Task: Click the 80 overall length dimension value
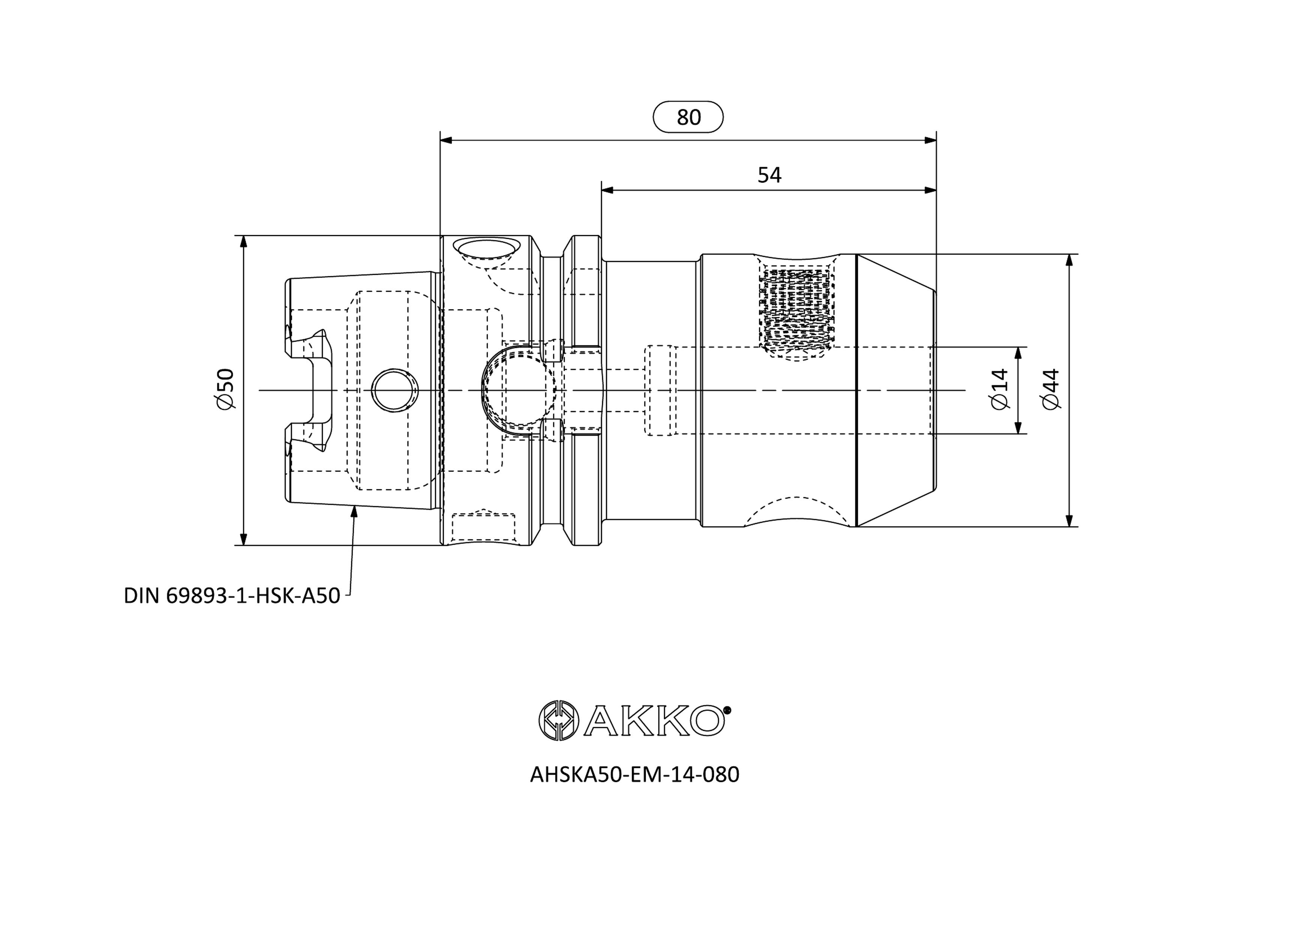pyautogui.click(x=688, y=117)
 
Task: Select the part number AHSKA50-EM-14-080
pyautogui.click(x=634, y=775)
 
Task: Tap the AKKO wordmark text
pyautogui.click(x=654, y=720)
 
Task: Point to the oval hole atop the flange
pyautogui.click(x=485, y=249)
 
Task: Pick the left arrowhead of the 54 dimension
pyautogui.click(x=608, y=190)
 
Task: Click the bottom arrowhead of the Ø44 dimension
pyautogui.click(x=1069, y=520)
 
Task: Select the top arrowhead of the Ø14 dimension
pyautogui.click(x=1019, y=354)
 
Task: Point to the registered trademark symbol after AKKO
pyautogui.click(x=727, y=709)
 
